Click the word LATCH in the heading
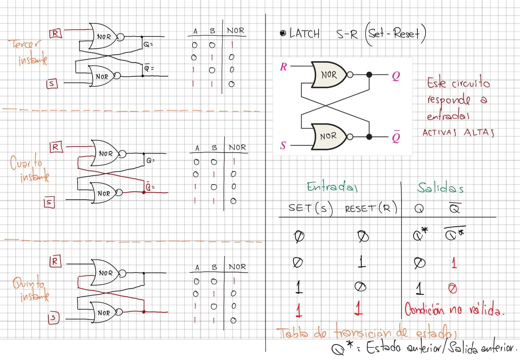(x=305, y=33)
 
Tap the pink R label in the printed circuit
(x=283, y=67)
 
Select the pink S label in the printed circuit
(x=283, y=145)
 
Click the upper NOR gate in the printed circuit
(x=329, y=75)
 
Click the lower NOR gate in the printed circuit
(x=328, y=136)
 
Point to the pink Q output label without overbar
(x=396, y=76)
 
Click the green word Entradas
(x=332, y=187)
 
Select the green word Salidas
(x=440, y=188)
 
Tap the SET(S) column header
(x=311, y=208)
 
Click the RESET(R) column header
(x=371, y=209)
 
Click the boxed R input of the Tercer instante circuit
(x=55, y=33)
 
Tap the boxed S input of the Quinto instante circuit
(x=53, y=318)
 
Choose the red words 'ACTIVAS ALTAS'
(x=458, y=132)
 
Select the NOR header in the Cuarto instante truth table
(x=237, y=147)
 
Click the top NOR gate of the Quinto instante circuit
(x=106, y=273)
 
